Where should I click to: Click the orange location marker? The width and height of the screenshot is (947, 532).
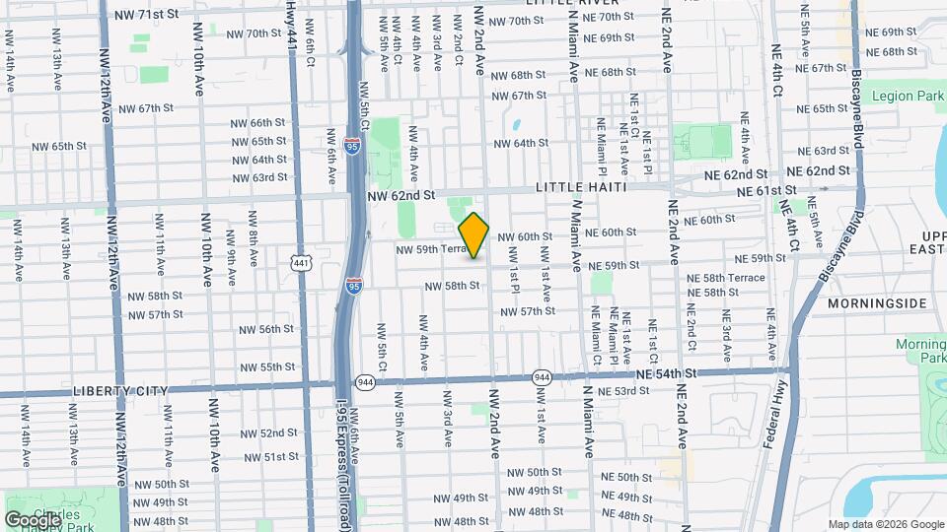point(474,235)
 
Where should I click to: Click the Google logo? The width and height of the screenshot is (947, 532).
point(33,519)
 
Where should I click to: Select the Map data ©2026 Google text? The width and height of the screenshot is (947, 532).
point(885,524)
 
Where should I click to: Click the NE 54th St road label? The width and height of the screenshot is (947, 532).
point(666,374)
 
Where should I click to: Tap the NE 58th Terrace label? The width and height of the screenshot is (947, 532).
point(726,279)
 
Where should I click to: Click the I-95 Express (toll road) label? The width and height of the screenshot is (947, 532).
point(344,464)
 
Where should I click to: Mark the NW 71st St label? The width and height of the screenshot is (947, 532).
point(147,16)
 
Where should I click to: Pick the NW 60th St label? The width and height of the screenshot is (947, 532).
point(539,237)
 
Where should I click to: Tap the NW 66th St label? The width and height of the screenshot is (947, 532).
point(257,123)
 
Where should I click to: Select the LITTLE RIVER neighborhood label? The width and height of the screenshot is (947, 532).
point(563,4)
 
